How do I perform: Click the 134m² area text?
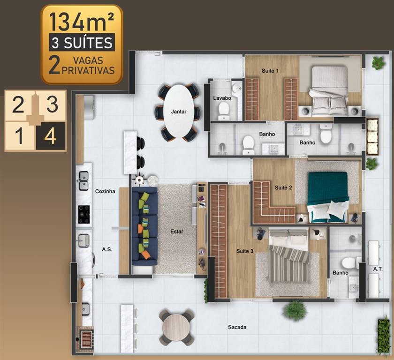[82, 22]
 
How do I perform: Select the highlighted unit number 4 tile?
[51, 136]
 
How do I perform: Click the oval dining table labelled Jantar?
[179, 111]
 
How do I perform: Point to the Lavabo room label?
[222, 98]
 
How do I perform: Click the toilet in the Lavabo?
[224, 111]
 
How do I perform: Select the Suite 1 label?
[270, 71]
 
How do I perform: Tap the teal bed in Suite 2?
[328, 197]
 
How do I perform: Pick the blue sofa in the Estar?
[145, 226]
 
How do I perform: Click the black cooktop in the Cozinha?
[84, 214]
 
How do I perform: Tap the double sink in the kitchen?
[83, 180]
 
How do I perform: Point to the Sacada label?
[237, 327]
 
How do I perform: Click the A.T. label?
[378, 269]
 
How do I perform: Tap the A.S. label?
[107, 249]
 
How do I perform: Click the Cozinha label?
[105, 191]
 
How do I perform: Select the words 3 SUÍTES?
[82, 43]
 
